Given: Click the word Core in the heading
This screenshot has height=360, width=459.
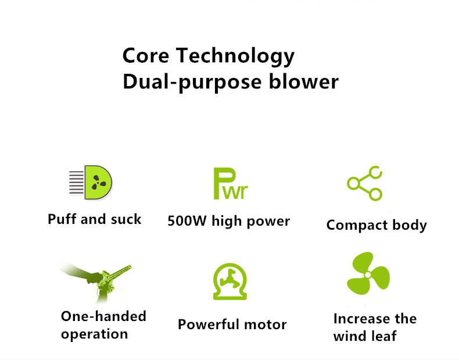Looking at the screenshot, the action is point(146,55).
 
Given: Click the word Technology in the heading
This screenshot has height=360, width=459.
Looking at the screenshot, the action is point(235,57).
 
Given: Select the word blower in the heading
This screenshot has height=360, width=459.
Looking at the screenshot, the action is point(303,81).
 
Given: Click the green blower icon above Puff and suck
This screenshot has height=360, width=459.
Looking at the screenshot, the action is point(91,183).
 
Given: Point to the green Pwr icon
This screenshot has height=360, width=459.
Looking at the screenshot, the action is point(231,184).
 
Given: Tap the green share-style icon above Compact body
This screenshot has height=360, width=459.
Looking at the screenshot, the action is point(365,183).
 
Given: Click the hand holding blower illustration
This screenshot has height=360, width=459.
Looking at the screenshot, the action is point(96,282).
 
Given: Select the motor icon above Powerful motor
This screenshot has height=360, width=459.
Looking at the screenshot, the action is point(230,281).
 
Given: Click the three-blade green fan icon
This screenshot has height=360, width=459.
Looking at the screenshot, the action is point(368,273).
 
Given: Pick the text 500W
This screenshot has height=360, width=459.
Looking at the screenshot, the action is point(187,221).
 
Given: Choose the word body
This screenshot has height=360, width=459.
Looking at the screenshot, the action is point(410,225).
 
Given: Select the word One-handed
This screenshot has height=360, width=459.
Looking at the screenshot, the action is point(103,316).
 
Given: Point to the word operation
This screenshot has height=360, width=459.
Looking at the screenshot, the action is point(95,334).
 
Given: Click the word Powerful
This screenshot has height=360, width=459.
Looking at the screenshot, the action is point(208,325).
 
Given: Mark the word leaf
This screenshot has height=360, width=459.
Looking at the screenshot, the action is point(384,336).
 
